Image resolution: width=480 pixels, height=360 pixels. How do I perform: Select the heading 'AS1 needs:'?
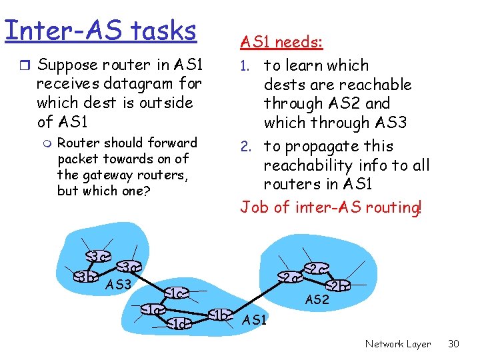click(x=281, y=43)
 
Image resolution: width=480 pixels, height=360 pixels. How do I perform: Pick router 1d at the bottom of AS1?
click(x=178, y=324)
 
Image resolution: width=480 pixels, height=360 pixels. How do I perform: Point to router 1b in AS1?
click(x=220, y=315)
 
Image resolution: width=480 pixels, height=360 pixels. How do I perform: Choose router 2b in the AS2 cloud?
click(x=337, y=286)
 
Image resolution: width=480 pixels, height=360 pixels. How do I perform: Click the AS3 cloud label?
click(x=119, y=285)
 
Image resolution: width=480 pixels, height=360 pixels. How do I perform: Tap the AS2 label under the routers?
click(x=317, y=300)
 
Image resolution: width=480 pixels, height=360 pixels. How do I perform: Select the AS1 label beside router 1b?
click(x=255, y=320)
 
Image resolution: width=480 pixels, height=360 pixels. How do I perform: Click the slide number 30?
click(x=453, y=344)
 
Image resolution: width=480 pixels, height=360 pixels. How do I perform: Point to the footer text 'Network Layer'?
click(x=397, y=344)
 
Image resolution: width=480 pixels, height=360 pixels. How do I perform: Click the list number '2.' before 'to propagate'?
click(x=248, y=147)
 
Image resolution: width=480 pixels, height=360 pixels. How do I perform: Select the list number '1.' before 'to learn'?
click(x=248, y=66)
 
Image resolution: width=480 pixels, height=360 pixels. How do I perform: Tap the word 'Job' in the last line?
click(x=255, y=207)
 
